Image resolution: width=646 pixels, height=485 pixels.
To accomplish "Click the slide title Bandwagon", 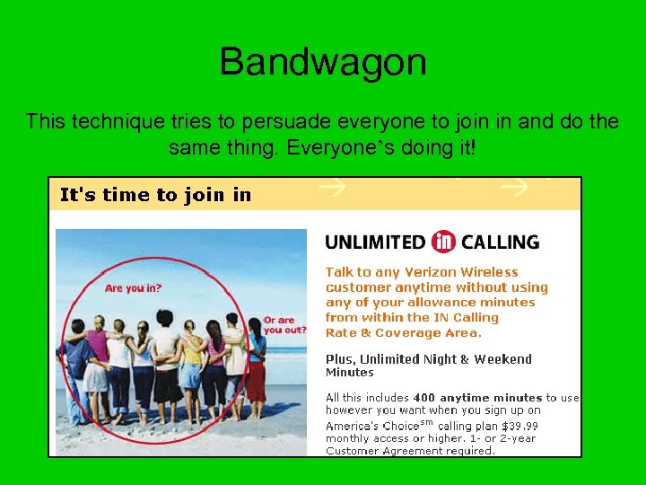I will point(322,63).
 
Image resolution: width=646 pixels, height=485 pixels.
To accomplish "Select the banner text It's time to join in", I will point(155,195).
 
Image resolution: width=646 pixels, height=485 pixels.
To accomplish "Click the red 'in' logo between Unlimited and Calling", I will point(443,242).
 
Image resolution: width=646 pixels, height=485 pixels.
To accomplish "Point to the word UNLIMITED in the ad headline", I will point(375,242).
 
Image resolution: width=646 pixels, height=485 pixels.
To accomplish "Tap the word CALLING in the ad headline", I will point(500,242).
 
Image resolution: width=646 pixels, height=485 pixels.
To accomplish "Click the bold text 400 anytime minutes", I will point(477,397).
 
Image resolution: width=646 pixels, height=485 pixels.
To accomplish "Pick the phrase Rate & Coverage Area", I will point(403,333).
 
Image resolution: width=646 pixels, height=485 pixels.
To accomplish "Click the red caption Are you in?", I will point(132,288).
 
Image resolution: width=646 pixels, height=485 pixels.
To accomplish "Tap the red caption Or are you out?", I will point(284,325).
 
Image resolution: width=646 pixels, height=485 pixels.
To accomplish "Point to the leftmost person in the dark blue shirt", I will point(77,364).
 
